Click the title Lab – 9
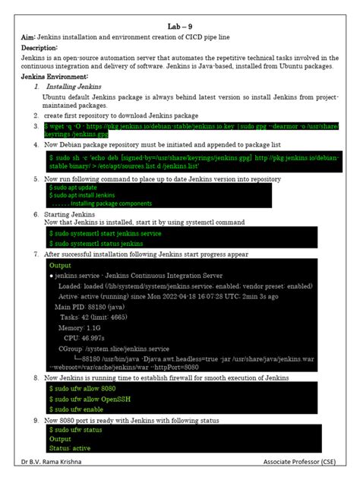[x=179, y=26]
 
